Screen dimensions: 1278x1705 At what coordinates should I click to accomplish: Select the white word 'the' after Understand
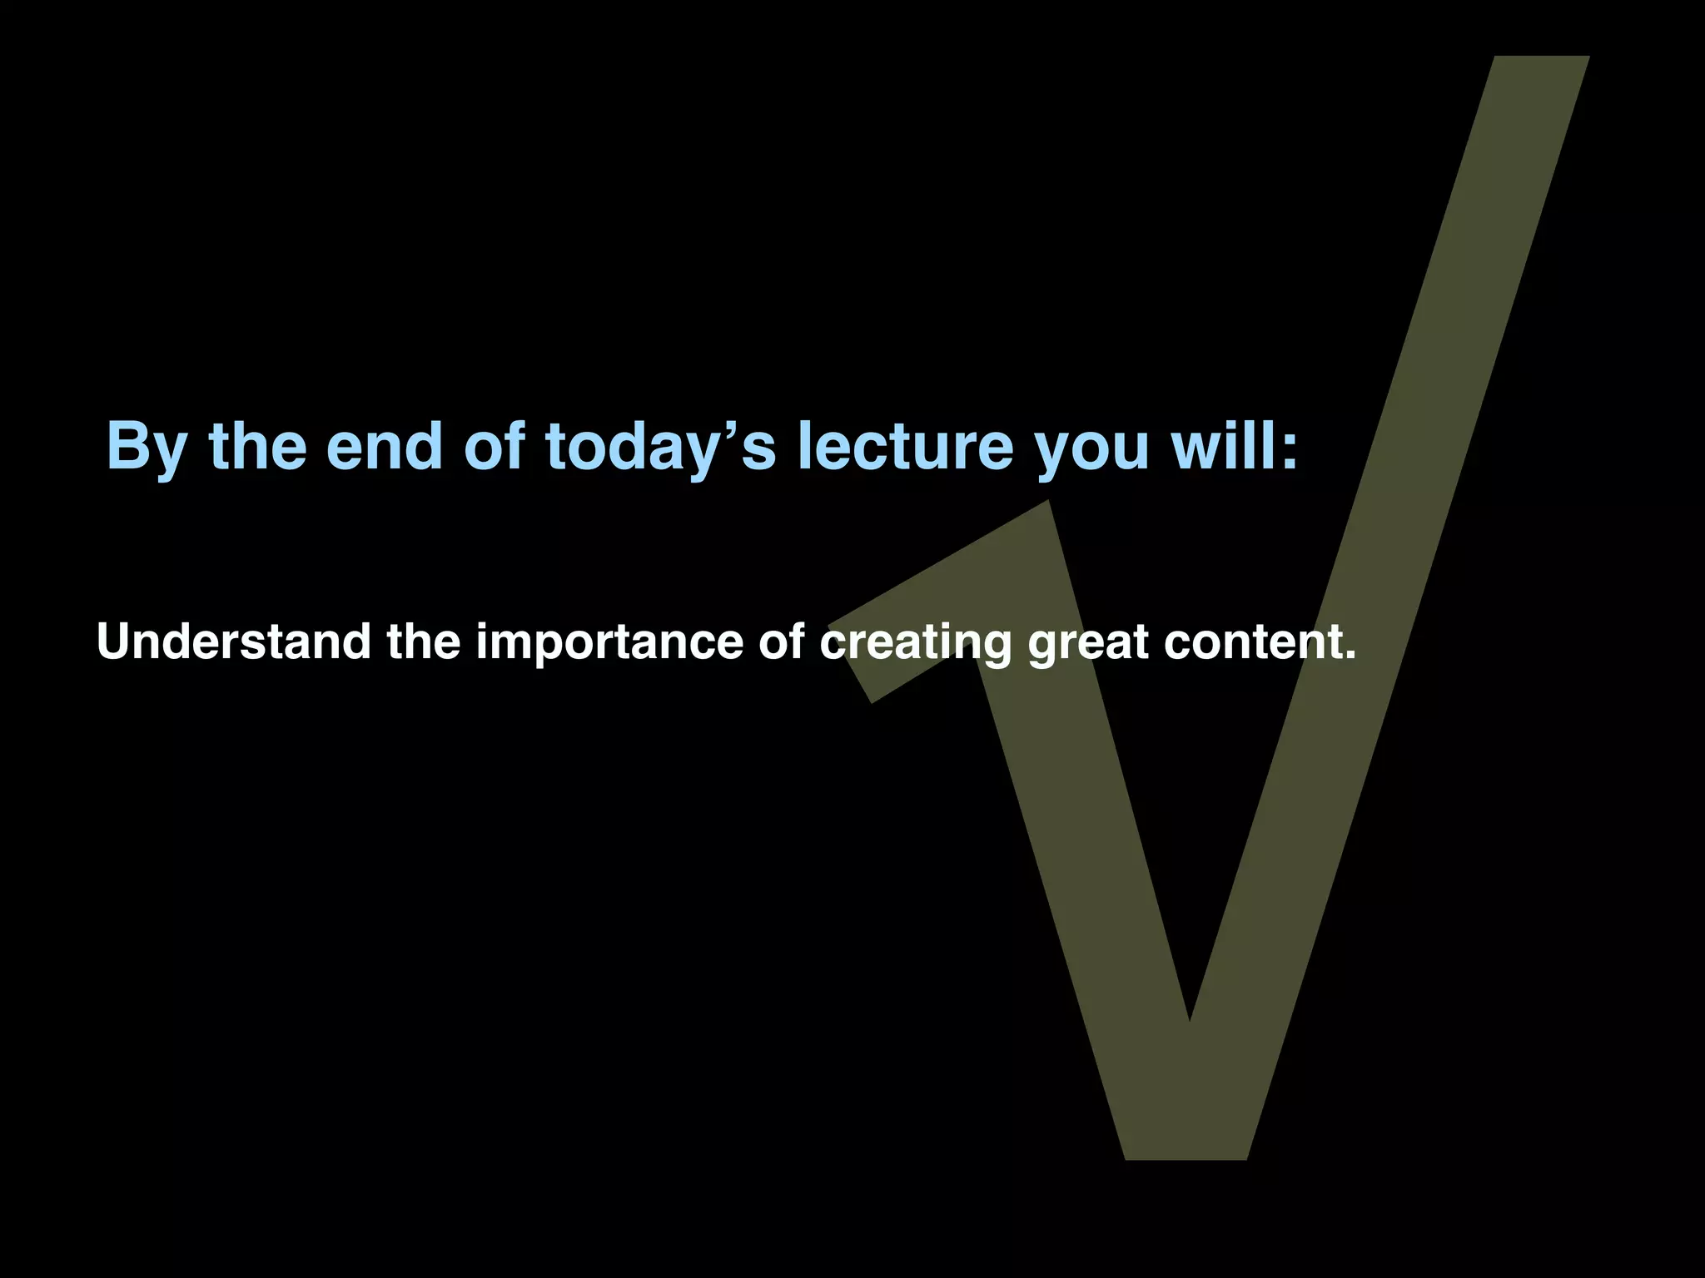(x=423, y=641)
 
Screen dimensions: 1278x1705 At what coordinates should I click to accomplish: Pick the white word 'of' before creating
(x=781, y=641)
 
